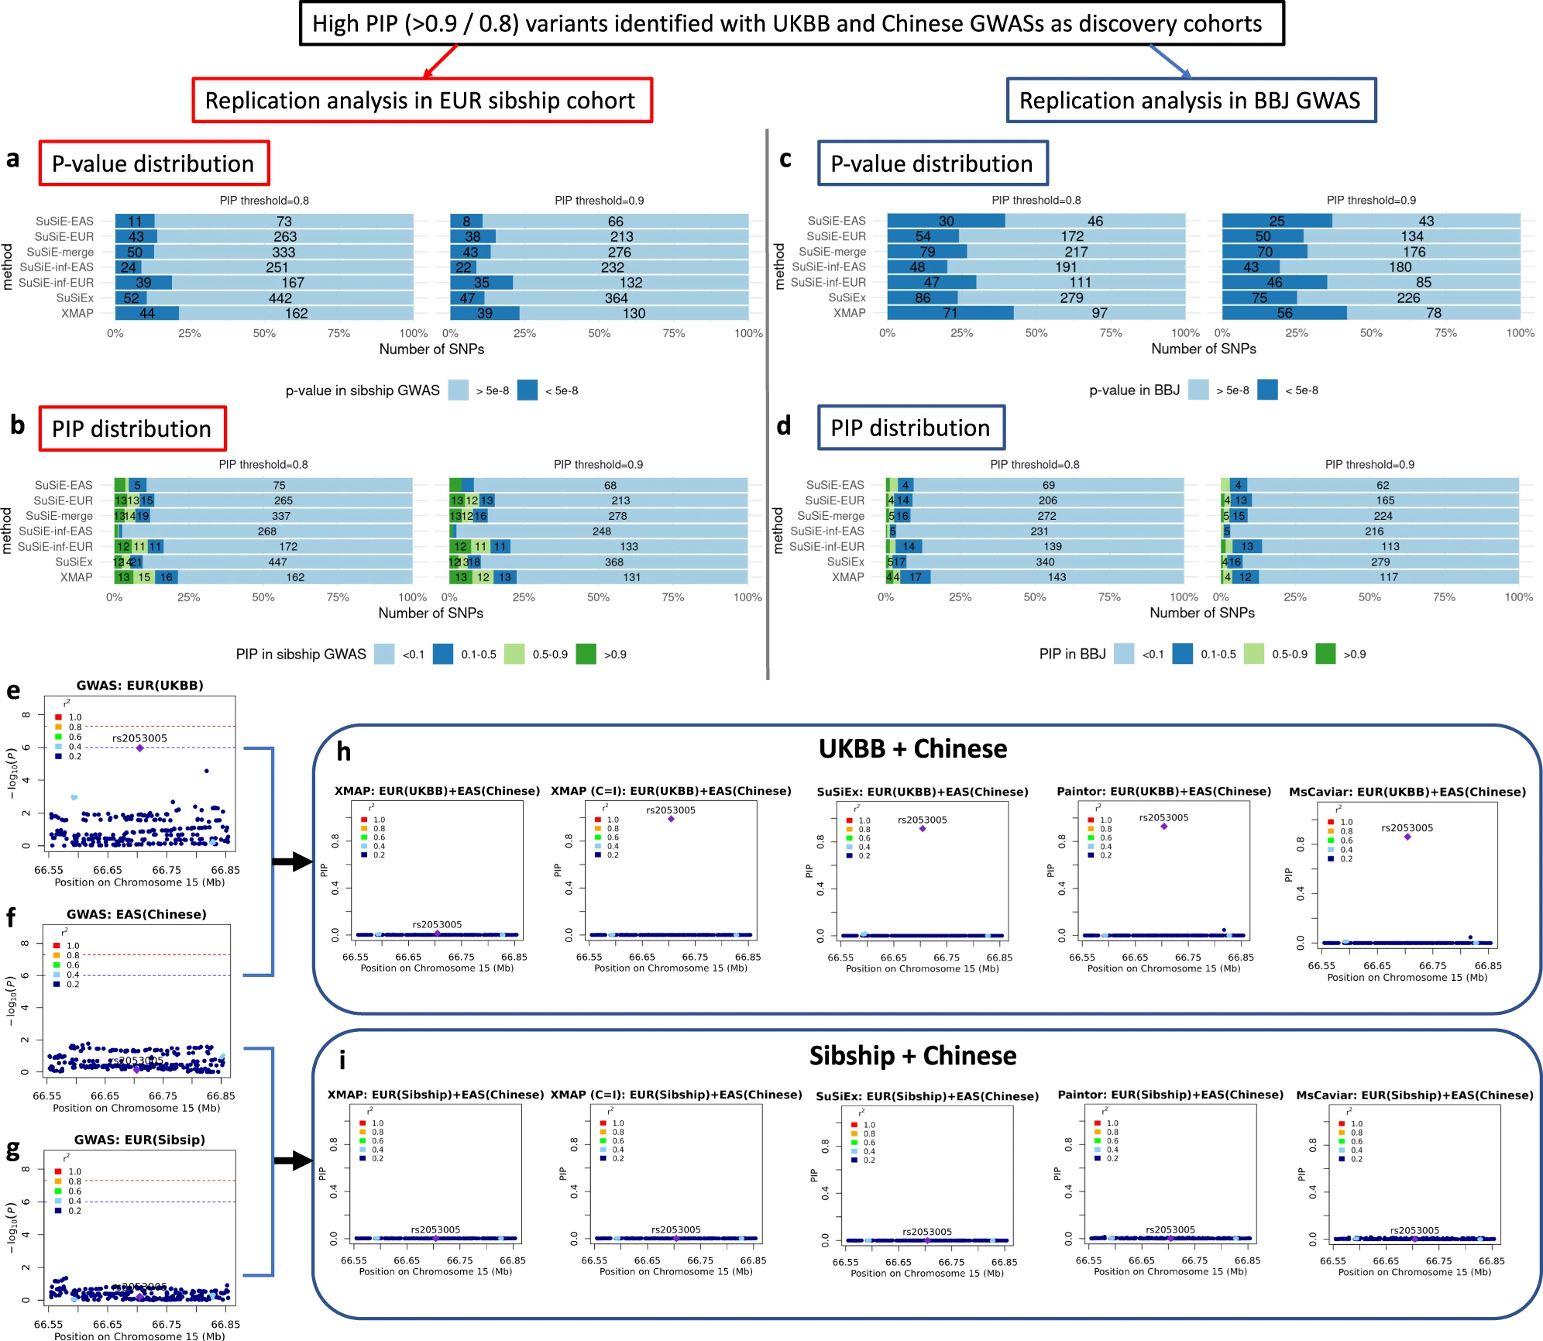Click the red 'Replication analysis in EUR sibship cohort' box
[422, 101]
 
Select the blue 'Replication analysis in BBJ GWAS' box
[1191, 101]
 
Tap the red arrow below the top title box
[441, 61]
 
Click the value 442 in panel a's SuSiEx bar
[280, 298]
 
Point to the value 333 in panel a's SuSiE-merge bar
[284, 252]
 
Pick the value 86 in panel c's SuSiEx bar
[923, 297]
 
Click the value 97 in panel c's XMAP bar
[1099, 313]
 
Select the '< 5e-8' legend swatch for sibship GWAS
[528, 390]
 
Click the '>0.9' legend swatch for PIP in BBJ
[1325, 654]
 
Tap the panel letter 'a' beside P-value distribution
[13, 160]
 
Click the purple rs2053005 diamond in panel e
[139, 748]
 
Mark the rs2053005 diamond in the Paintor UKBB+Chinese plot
[1163, 827]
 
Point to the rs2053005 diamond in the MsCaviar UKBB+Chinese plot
[1407, 837]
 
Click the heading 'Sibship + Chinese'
[912, 1056]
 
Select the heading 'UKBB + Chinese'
[912, 749]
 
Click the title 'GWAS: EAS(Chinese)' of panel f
[136, 914]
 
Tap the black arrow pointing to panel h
[293, 861]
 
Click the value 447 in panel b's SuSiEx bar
[277, 562]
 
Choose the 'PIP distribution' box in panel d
[911, 428]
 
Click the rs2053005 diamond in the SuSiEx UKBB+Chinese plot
[923, 829]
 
